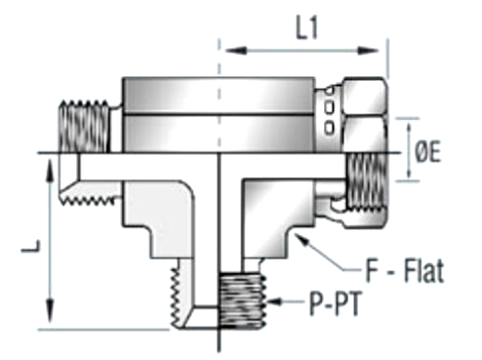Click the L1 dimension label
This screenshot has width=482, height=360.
[306, 27]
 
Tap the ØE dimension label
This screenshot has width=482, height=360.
[428, 151]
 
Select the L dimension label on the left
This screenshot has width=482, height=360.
[30, 246]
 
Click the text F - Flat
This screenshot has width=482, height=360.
[405, 270]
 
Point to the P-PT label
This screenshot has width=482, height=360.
[335, 304]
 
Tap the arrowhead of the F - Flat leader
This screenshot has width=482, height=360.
[300, 240]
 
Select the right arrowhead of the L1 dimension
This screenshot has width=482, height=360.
[368, 51]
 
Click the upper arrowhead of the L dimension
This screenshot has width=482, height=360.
[50, 169]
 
